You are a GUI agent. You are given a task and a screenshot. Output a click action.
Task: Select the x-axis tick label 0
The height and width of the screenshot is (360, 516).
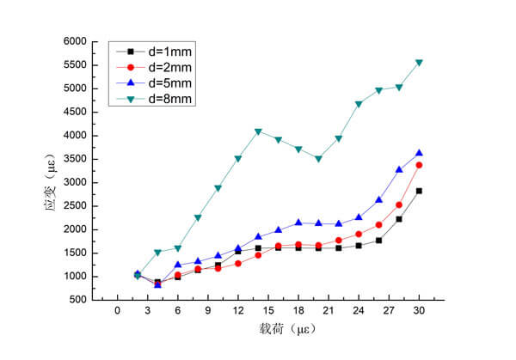click(x=117, y=311)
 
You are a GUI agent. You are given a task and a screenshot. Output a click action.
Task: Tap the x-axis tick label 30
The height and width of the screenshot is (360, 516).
click(x=419, y=311)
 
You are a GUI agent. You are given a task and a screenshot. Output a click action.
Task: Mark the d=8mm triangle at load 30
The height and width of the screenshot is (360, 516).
click(x=419, y=63)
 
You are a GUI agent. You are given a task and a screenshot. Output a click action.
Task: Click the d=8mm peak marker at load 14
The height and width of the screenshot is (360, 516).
click(x=258, y=132)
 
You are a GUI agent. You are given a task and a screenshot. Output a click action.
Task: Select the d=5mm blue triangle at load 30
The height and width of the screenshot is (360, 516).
click(x=419, y=153)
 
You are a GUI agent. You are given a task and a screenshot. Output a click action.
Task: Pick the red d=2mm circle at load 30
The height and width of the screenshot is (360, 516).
click(x=419, y=165)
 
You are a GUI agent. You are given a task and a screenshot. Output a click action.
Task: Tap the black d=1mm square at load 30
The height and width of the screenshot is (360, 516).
click(x=419, y=191)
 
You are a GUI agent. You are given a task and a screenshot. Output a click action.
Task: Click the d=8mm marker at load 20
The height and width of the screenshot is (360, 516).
click(x=318, y=159)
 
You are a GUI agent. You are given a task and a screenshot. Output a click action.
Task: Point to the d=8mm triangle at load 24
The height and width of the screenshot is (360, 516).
click(x=359, y=104)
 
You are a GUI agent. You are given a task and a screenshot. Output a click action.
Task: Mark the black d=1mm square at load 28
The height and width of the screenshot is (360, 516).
click(x=399, y=219)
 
